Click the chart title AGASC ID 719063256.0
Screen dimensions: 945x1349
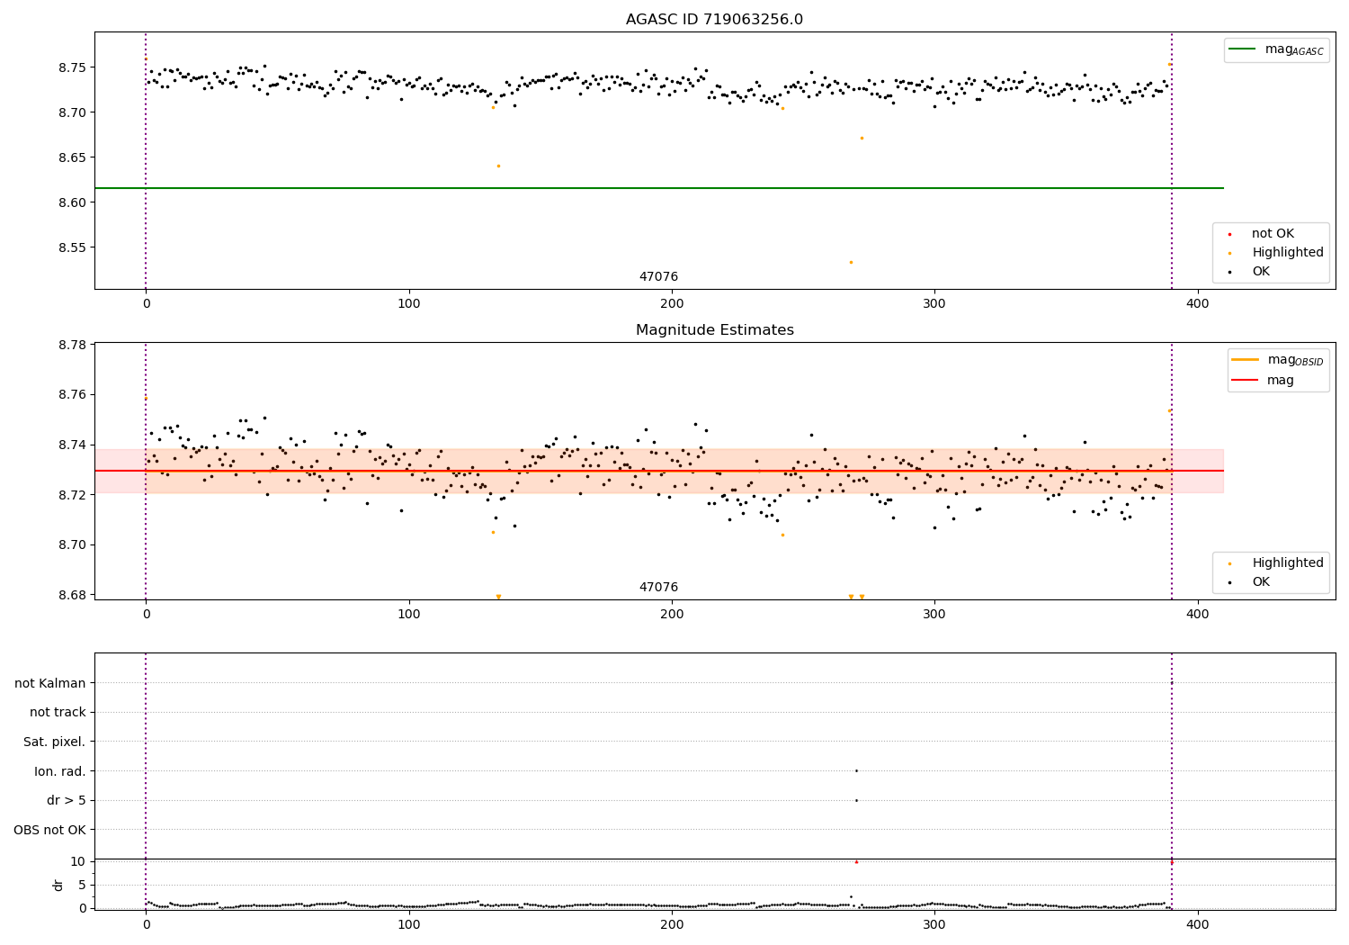[714, 20]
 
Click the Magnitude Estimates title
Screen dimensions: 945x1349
[714, 330]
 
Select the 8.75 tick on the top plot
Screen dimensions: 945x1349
[72, 67]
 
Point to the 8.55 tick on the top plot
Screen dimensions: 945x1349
[72, 247]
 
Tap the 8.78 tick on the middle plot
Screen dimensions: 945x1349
[72, 345]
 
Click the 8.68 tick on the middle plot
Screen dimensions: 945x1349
[72, 595]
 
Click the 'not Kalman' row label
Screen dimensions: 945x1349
[50, 683]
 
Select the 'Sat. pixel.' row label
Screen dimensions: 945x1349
[55, 742]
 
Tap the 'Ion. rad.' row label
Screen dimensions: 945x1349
[60, 771]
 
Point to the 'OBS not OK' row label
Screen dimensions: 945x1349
[50, 830]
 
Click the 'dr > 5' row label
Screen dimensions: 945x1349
[67, 800]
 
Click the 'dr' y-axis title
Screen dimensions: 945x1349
[58, 885]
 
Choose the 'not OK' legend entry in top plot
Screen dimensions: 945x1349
[1273, 234]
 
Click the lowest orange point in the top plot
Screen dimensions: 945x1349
[851, 262]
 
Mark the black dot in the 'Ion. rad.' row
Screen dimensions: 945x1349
[856, 770]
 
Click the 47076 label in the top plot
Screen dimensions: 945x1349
[658, 277]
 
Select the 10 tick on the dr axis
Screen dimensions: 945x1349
[78, 861]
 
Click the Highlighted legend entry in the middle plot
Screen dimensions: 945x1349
[1287, 563]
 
